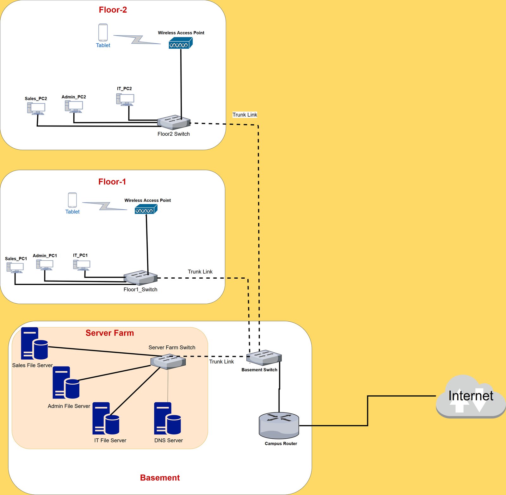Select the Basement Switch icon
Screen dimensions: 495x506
click(x=264, y=358)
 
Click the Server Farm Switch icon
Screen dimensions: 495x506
click(x=168, y=362)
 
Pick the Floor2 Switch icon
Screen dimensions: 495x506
click(x=174, y=122)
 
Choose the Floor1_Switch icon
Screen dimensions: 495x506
click(x=140, y=278)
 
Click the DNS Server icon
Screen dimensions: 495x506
click(x=167, y=418)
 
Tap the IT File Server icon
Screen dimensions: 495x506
click(x=106, y=418)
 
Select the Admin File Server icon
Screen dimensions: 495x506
click(x=66, y=382)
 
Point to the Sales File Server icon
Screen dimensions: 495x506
click(x=34, y=343)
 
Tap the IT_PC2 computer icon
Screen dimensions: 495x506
click(x=125, y=100)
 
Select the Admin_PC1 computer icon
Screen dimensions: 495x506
click(x=45, y=265)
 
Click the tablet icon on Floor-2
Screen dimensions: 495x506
click(x=103, y=33)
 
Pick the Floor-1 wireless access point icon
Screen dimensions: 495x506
click(x=146, y=209)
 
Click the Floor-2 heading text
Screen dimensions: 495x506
click(x=113, y=10)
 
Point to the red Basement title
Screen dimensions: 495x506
click(x=160, y=478)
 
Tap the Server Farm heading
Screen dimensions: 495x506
click(x=109, y=333)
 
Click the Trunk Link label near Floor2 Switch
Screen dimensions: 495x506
click(x=244, y=115)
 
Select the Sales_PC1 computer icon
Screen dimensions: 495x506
click(x=15, y=268)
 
